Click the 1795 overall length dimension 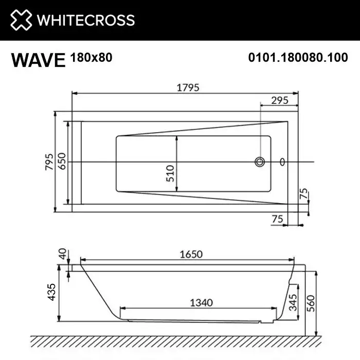point(188,87)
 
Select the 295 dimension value point(279,100)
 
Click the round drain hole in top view point(260,162)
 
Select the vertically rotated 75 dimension point(303,195)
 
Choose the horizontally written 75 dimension point(278,219)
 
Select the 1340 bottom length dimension point(201,302)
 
